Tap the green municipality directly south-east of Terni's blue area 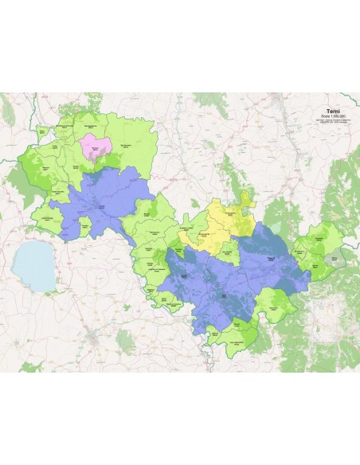279,307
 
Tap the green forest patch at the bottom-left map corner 32,366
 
